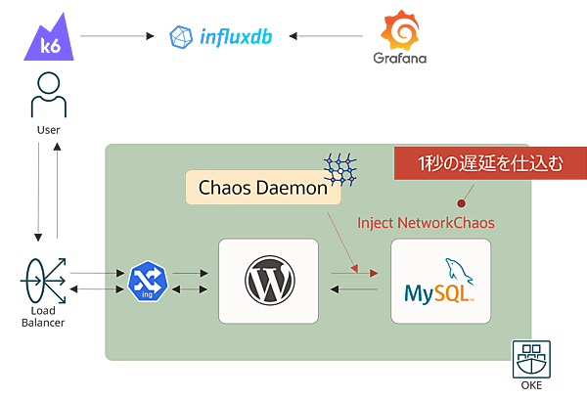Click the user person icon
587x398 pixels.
[44, 95]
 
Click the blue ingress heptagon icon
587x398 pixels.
[146, 281]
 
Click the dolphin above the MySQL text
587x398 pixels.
[454, 270]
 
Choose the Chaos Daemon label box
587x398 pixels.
[262, 187]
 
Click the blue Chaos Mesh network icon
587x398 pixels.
[341, 167]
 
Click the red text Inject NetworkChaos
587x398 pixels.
[426, 223]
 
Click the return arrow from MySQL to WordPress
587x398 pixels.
[354, 288]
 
